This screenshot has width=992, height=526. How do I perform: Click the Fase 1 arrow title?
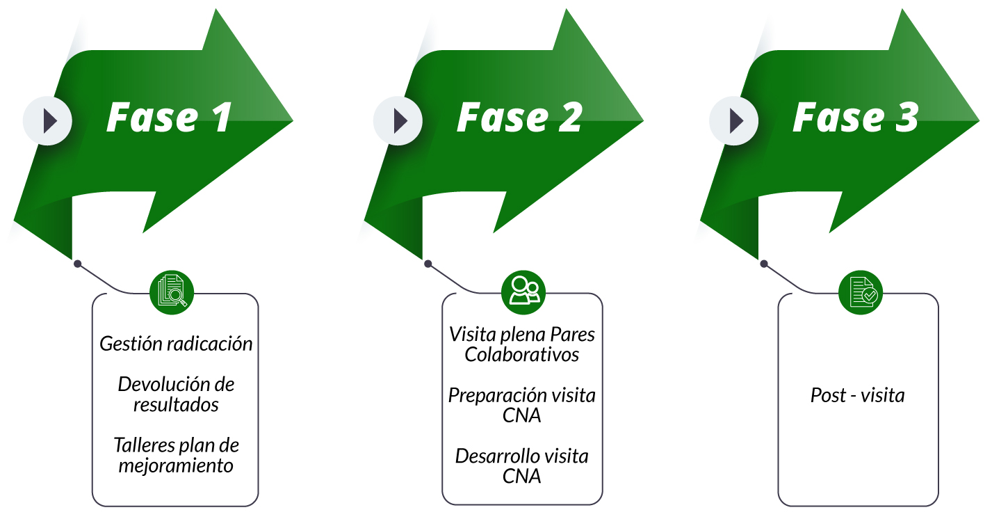[168, 117]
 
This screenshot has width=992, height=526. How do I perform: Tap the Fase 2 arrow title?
[519, 117]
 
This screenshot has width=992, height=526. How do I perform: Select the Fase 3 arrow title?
[856, 117]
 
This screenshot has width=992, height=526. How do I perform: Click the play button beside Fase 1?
[48, 121]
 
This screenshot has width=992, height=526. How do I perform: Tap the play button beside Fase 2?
[398, 121]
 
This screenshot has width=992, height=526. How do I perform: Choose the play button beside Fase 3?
[734, 121]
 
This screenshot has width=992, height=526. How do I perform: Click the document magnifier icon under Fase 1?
[172, 292]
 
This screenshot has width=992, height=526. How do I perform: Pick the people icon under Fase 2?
[523, 292]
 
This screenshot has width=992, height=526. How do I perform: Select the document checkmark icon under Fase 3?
[860, 292]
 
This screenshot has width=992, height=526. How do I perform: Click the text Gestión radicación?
[176, 344]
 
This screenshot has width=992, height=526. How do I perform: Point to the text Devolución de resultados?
[176, 394]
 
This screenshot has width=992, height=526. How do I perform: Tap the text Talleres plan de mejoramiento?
[176, 455]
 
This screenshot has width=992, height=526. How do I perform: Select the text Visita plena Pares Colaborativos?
[522, 344]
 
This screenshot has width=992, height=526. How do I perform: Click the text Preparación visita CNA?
[522, 405]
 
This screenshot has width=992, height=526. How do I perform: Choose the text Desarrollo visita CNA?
[522, 465]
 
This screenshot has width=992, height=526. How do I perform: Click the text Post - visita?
[858, 395]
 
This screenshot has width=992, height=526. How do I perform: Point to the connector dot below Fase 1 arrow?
[78, 264]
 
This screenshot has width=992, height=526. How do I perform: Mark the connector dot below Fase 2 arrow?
[428, 264]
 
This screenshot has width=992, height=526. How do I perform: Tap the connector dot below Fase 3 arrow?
[764, 264]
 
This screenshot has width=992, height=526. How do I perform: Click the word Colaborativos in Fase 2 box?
[522, 354]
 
